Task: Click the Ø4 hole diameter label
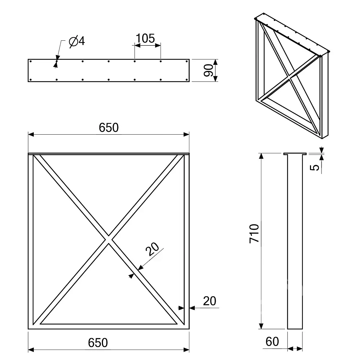pyautogui.click(x=77, y=41)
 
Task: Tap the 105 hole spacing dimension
pyautogui.click(x=145, y=39)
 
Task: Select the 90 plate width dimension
pyautogui.click(x=208, y=70)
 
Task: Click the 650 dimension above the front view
pyautogui.click(x=109, y=127)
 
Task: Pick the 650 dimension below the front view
pyautogui.click(x=98, y=343)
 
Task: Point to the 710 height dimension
pyautogui.click(x=254, y=233)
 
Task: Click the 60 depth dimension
pyautogui.click(x=272, y=341)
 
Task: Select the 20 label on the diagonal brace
pyautogui.click(x=152, y=249)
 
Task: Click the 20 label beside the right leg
pyautogui.click(x=210, y=301)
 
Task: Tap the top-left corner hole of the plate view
pyautogui.click(x=31, y=61)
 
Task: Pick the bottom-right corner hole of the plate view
pyautogui.click(x=186, y=80)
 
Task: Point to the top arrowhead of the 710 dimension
pyautogui.click(x=261, y=156)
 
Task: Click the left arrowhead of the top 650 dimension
pyautogui.click(x=31, y=134)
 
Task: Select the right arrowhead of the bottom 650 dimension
pyautogui.click(x=186, y=350)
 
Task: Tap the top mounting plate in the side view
pyautogui.click(x=295, y=154)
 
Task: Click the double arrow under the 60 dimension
pyautogui.click(x=295, y=349)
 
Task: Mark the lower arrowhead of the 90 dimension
pyautogui.click(x=215, y=78)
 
